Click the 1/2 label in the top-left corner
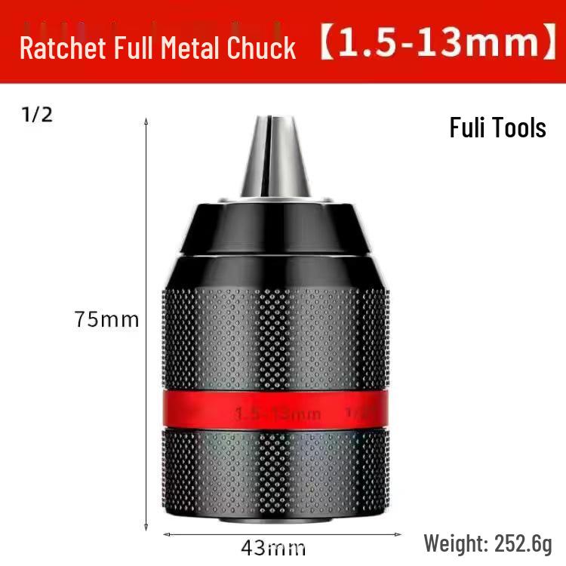(x=37, y=117)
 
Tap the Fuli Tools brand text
(x=497, y=127)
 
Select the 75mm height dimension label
(x=107, y=319)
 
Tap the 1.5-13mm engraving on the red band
(x=278, y=414)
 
